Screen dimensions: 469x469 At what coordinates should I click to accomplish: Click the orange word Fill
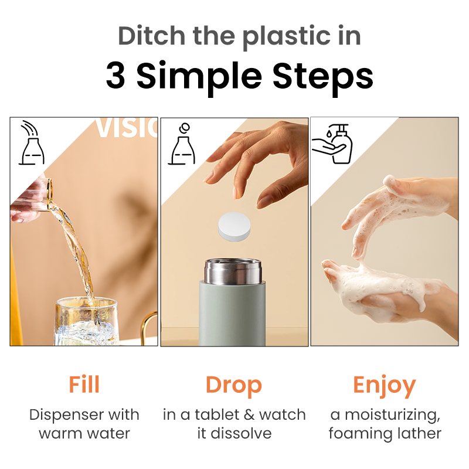pos(84,385)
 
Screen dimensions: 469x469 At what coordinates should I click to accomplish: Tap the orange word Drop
pos(234,386)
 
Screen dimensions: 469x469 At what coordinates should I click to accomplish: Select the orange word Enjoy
pos(385,386)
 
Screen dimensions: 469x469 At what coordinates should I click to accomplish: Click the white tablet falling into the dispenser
pos(234,226)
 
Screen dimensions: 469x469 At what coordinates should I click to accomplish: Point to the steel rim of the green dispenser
pos(233,271)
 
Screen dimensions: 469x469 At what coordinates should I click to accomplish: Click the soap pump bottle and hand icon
pos(332,144)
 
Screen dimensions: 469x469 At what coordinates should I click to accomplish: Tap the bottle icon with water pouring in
pos(32,142)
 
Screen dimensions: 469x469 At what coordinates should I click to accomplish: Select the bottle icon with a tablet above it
pos(182,144)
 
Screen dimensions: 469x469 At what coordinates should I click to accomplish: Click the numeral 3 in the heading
pos(115,76)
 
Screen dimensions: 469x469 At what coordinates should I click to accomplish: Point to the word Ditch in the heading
pos(152,36)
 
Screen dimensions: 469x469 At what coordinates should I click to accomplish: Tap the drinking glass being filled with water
pos(86,321)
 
